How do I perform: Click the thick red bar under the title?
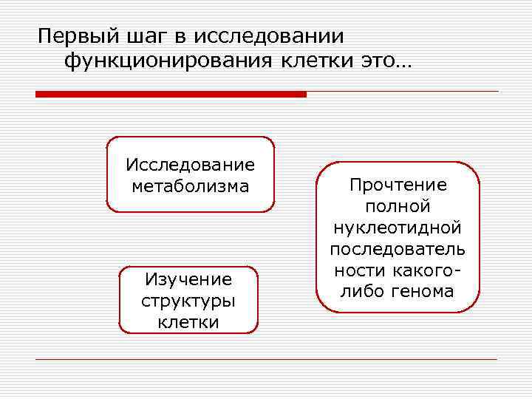pos(171,95)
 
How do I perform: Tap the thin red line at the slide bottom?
pos(266,360)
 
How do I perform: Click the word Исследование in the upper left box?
pos(190,164)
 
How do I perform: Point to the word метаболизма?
pos(190,185)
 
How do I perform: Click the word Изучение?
pos(188,279)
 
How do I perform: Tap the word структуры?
pos(188,301)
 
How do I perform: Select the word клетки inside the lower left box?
pos(188,322)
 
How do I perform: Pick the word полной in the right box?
pos(398,206)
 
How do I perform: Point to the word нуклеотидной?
pos(398,228)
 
